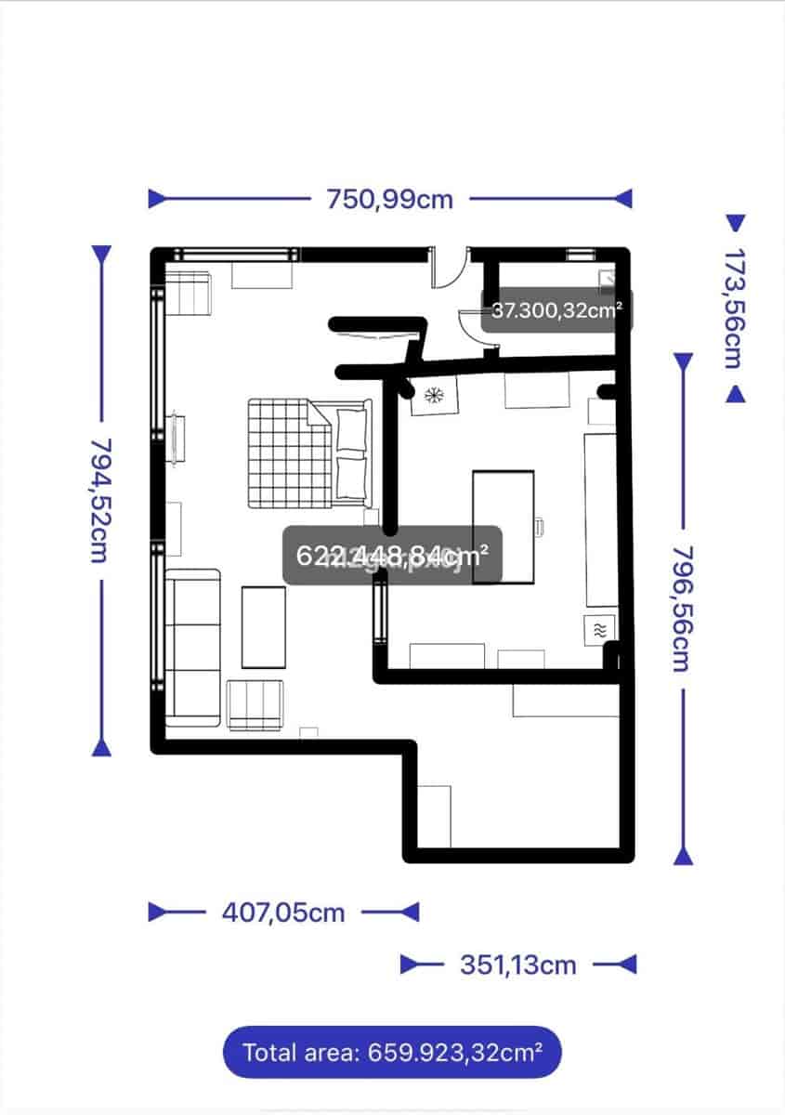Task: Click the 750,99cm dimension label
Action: (389, 199)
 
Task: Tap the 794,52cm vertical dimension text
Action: (100, 500)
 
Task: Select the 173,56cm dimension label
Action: (735, 308)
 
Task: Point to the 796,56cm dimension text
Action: (682, 608)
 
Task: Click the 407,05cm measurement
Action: (283, 912)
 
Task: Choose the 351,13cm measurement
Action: (518, 965)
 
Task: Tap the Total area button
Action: (392, 1053)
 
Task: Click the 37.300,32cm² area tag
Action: (556, 311)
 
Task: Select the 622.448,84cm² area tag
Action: (392, 557)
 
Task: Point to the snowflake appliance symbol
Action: (432, 396)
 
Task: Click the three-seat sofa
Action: (192, 648)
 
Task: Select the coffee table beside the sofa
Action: (264, 627)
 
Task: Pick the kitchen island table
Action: (503, 527)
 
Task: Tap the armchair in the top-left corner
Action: (190, 292)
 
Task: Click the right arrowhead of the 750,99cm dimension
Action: (623, 199)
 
